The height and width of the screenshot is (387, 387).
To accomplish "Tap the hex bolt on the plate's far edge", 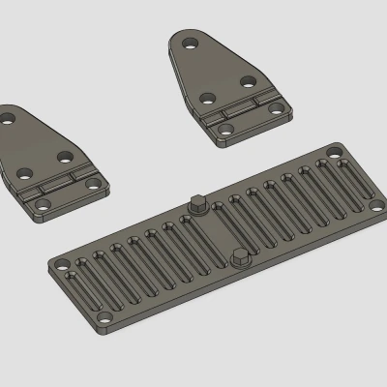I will point(196,204).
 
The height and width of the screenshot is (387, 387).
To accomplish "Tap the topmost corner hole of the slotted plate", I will point(335,152).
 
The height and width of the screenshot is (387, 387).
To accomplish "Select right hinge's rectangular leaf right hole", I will point(282,110).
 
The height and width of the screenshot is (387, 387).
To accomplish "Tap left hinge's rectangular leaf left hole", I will point(41,206).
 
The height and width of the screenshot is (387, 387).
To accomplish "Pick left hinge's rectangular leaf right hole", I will point(95,183).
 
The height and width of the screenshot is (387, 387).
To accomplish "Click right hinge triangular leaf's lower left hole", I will point(206,98).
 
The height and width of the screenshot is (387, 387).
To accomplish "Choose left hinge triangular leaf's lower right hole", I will point(65,155).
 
